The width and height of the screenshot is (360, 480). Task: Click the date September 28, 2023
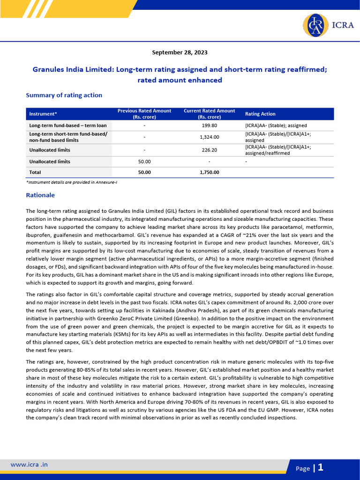point(180,52)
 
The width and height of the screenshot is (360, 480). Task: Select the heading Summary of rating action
point(64,95)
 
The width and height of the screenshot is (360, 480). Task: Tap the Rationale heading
point(40,195)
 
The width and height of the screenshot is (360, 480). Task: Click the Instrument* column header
point(43,114)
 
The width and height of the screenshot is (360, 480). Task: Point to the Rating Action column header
point(260,114)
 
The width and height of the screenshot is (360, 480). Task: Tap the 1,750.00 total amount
point(209,172)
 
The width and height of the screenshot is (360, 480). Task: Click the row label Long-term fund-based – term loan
point(68,126)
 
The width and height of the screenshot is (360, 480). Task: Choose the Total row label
point(35,172)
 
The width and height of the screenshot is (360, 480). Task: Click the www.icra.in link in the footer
point(29,465)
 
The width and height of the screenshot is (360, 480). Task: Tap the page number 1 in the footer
point(321,467)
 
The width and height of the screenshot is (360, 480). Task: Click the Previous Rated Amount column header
point(144,114)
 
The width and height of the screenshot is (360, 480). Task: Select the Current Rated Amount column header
point(209,114)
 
